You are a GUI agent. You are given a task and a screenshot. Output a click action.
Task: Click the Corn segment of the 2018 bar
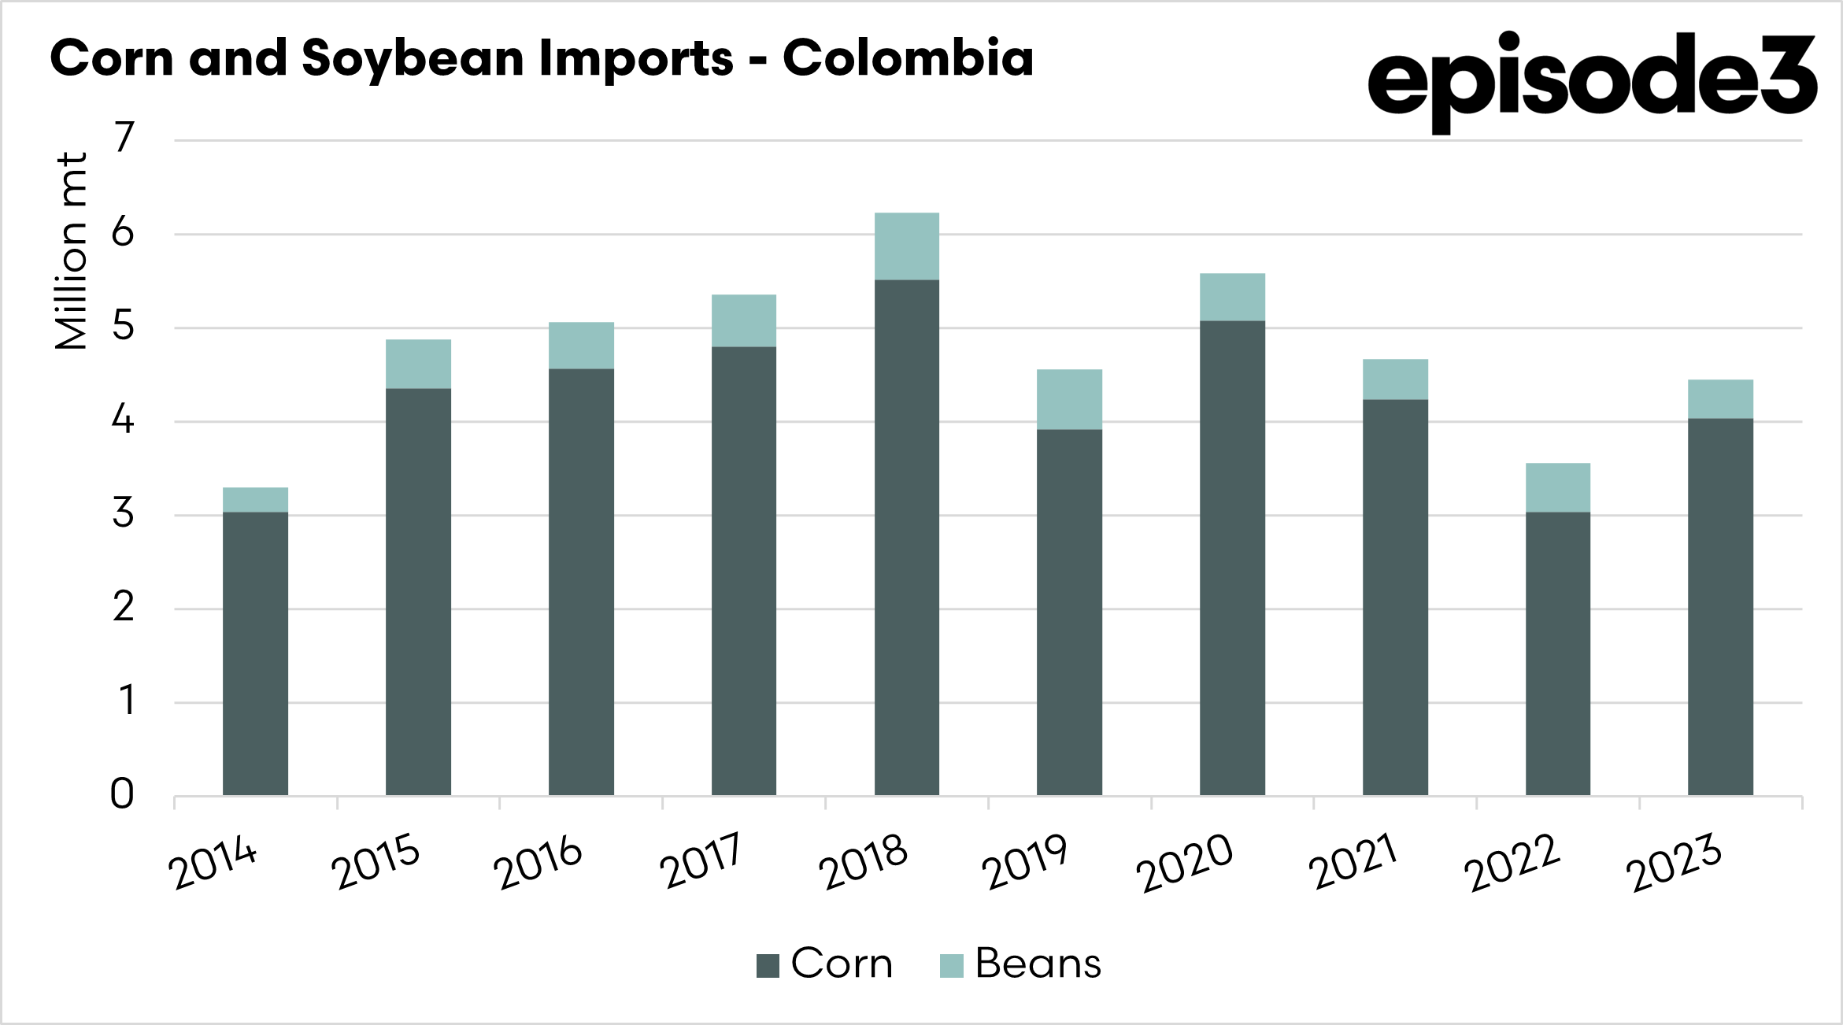(x=906, y=537)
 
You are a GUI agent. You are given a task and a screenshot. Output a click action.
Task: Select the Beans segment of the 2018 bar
(x=906, y=246)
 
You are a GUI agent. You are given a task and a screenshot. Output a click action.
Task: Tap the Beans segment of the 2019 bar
(x=1069, y=399)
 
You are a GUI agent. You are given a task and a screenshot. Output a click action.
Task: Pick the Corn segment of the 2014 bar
(x=255, y=653)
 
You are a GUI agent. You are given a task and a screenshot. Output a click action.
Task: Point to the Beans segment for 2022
(x=1557, y=487)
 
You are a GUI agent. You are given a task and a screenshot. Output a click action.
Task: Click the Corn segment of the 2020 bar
(x=1232, y=557)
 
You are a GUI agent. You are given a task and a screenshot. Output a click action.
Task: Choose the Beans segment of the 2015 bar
(x=418, y=364)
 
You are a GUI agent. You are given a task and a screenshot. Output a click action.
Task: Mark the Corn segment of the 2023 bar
(x=1720, y=606)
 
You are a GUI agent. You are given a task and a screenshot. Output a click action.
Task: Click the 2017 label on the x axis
(x=701, y=861)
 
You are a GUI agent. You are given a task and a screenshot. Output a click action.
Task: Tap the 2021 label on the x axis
(x=1352, y=861)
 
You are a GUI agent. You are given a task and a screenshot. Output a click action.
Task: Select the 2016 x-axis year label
(x=538, y=863)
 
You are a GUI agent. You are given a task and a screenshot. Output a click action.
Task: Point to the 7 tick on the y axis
(x=124, y=139)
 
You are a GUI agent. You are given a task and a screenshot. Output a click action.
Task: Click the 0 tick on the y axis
(x=122, y=794)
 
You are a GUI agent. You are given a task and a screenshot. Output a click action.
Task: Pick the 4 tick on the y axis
(x=123, y=420)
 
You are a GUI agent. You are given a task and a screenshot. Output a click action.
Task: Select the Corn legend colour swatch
(x=768, y=965)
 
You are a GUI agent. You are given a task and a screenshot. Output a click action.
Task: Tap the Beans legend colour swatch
(x=951, y=965)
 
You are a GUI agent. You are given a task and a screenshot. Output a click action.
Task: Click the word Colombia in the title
(x=908, y=58)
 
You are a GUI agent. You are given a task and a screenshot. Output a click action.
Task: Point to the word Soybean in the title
(x=413, y=60)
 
